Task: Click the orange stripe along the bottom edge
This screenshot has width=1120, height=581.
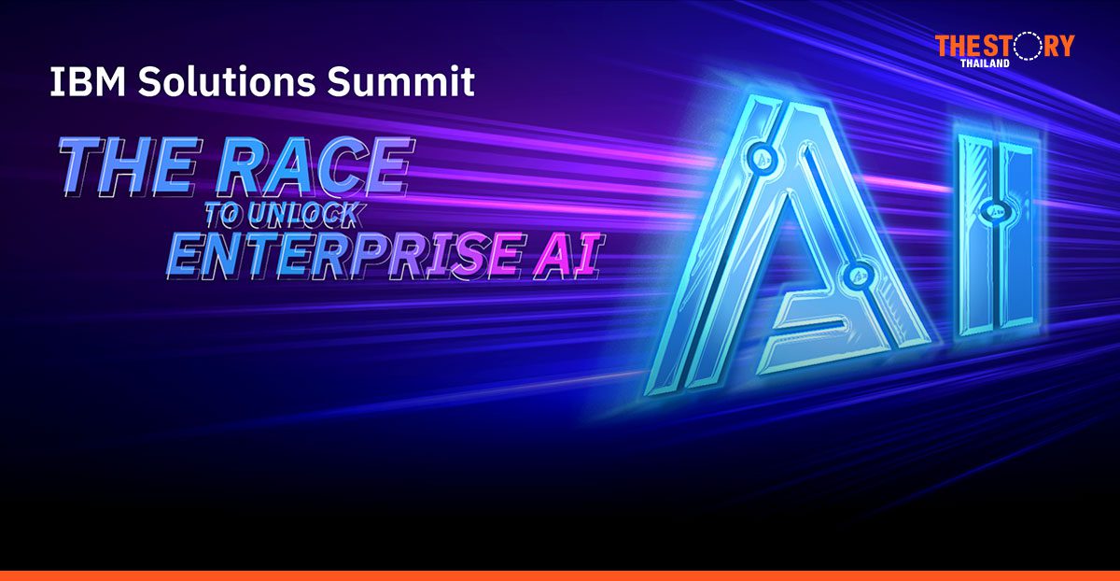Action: [x=560, y=575]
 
